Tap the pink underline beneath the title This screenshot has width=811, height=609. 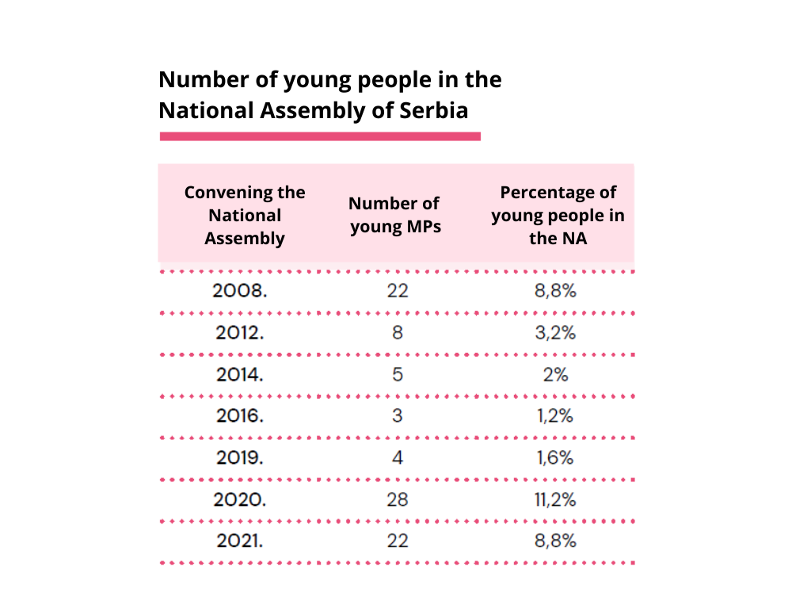pyautogui.click(x=320, y=136)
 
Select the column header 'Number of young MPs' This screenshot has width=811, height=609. pyautogui.click(x=395, y=215)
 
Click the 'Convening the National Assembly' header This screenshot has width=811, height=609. pyautogui.click(x=245, y=215)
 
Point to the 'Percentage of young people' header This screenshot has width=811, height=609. pyautogui.click(x=558, y=215)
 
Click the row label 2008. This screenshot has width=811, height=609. pyautogui.click(x=240, y=291)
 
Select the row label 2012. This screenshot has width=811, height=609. pyautogui.click(x=240, y=333)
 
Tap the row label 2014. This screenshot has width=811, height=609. pyautogui.click(x=240, y=374)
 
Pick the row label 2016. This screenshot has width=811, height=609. pyautogui.click(x=240, y=416)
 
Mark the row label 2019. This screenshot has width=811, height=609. pyautogui.click(x=240, y=458)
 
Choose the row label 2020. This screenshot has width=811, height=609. pyautogui.click(x=240, y=500)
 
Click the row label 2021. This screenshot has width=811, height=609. pyautogui.click(x=240, y=542)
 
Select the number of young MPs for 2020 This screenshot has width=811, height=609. pyautogui.click(x=398, y=500)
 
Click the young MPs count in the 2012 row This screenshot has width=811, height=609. pyautogui.click(x=398, y=333)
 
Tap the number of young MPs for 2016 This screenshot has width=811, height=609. pyautogui.click(x=398, y=416)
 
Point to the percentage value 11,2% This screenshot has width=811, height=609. pyautogui.click(x=555, y=500)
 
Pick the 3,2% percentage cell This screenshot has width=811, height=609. pyautogui.click(x=555, y=333)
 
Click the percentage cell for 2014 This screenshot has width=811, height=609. pyautogui.click(x=555, y=374)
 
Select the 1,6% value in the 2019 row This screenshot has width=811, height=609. pyautogui.click(x=555, y=458)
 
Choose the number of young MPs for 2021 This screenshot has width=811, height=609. pyautogui.click(x=398, y=542)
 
